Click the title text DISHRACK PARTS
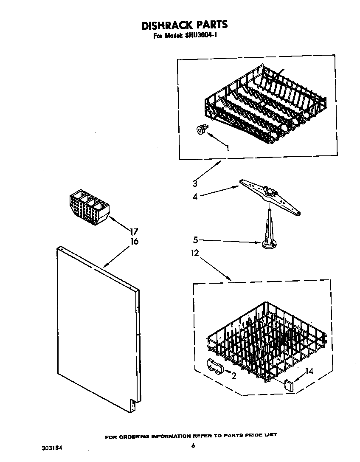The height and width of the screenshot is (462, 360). [184, 25]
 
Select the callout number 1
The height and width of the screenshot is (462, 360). [228, 148]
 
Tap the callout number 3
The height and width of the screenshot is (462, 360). [195, 183]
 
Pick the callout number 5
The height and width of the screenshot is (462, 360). [195, 240]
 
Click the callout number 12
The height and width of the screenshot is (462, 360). [195, 254]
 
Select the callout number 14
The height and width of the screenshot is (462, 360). [309, 371]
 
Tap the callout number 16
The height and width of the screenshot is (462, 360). [134, 242]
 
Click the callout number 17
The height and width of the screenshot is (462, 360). [134, 232]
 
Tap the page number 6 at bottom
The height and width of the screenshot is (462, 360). [193, 445]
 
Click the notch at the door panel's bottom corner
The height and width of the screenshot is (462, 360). [132, 406]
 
